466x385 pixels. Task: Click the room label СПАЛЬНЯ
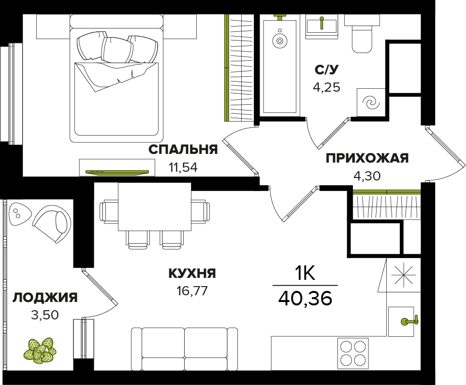[x=183, y=150]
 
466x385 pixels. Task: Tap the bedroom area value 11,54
[x=183, y=167]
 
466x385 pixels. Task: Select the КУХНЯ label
[x=192, y=273]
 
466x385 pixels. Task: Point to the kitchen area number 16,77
[x=192, y=290]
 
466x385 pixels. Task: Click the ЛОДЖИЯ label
[x=45, y=297]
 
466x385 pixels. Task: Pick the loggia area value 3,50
[x=45, y=315]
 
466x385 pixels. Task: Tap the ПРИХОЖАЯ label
[x=367, y=158]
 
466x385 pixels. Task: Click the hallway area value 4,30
[x=367, y=176]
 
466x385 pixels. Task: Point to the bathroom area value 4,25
[x=326, y=87]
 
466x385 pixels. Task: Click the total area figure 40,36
[x=305, y=298]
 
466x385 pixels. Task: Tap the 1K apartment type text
[x=305, y=274]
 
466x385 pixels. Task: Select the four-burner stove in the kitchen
[x=353, y=354]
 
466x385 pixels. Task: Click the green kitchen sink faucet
[x=410, y=321]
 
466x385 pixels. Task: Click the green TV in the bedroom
[x=117, y=172]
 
